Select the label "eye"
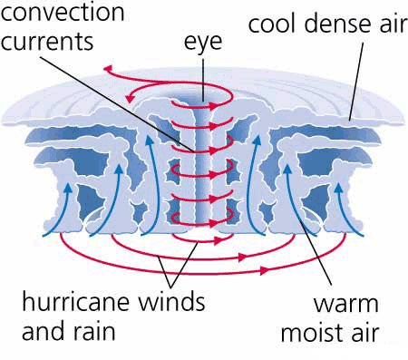205,42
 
